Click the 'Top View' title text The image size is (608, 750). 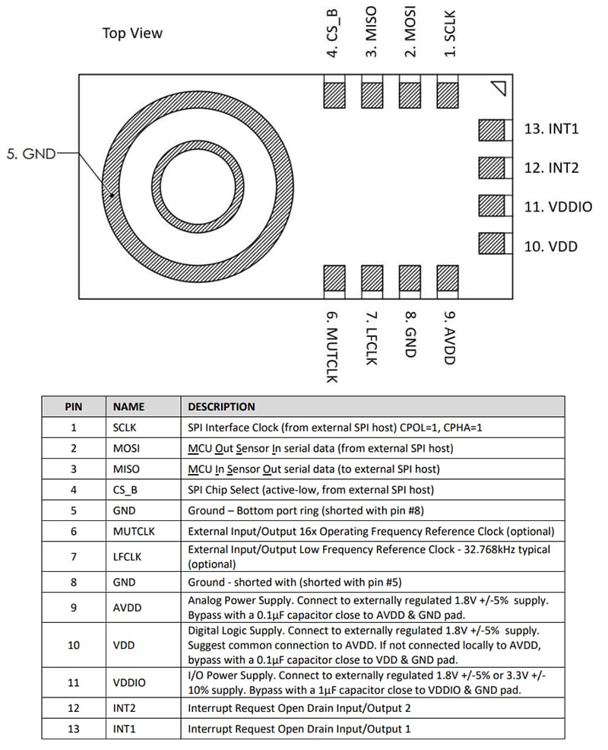pyautogui.click(x=132, y=33)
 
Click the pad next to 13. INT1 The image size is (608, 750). pyautogui.click(x=492, y=130)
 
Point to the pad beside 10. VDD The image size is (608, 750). pyautogui.click(x=492, y=244)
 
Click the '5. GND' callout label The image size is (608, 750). pyautogui.click(x=30, y=154)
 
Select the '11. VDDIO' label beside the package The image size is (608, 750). pyautogui.click(x=558, y=207)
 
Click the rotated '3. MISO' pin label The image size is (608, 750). pyautogui.click(x=372, y=32)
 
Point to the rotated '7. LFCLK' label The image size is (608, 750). pyautogui.click(x=371, y=338)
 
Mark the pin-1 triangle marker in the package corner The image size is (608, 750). pyautogui.click(x=499, y=88)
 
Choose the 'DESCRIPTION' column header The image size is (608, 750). pyautogui.click(x=221, y=407)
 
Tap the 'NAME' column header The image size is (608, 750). pyautogui.click(x=128, y=407)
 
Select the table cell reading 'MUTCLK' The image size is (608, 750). pyautogui.click(x=133, y=531)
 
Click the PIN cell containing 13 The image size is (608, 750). pyautogui.click(x=74, y=729)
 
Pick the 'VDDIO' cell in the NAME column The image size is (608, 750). pyautogui.click(x=130, y=682)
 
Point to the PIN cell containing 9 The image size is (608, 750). pyautogui.click(x=74, y=608)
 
